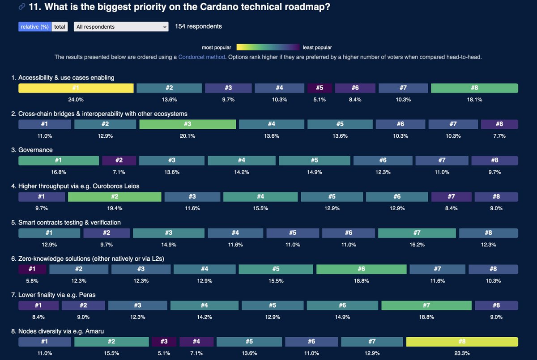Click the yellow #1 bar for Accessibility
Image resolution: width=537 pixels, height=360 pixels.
(x=76, y=88)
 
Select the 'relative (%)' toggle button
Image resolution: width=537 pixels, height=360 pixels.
(x=35, y=27)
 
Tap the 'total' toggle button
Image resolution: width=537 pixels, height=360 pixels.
(x=60, y=27)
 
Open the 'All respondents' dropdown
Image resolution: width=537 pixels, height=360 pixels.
(x=121, y=27)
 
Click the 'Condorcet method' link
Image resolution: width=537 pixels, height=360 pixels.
(x=201, y=57)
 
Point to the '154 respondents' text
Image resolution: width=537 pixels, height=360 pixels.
(x=198, y=26)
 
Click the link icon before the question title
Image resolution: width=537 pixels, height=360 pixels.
(x=22, y=7)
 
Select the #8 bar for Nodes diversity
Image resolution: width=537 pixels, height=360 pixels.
(x=462, y=342)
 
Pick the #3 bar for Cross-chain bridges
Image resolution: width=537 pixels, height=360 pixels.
(x=188, y=124)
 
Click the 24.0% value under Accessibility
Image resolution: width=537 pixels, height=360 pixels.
(x=76, y=100)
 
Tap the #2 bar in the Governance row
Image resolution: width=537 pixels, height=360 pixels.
(x=119, y=161)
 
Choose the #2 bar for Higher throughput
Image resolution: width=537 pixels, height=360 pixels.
(x=115, y=197)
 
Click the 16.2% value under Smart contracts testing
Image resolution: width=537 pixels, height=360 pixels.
(x=417, y=245)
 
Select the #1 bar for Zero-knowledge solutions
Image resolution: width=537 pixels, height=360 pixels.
(x=32, y=269)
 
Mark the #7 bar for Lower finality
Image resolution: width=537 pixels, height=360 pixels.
(x=426, y=305)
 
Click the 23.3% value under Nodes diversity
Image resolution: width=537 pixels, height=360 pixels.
(x=462, y=353)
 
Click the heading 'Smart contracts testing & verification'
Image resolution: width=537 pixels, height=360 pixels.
(x=66, y=222)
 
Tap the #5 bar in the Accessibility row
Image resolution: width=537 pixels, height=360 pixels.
(x=320, y=88)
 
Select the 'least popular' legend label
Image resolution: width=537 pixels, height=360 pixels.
(x=317, y=47)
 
